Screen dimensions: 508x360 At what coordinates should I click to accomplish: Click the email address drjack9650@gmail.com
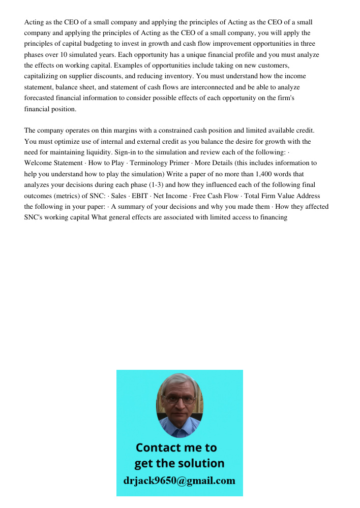coord(179,481)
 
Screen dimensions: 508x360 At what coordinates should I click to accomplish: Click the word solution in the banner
coord(200,463)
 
